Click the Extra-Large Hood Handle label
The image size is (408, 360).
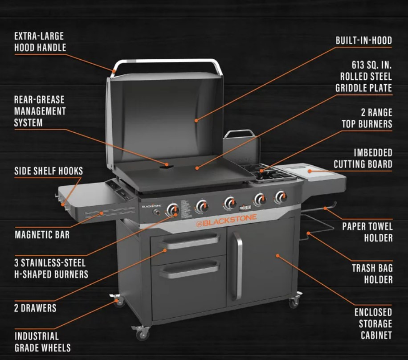pos(40,41)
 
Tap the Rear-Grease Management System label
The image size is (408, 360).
pos(40,110)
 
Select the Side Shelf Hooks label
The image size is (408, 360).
pos(49,171)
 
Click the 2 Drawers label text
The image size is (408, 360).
pos(36,308)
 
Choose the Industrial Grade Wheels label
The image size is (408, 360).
pos(42,342)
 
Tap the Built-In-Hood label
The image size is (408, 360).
pos(363,41)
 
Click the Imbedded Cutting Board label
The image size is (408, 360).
pos(363,159)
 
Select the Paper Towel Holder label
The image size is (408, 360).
pos(367,232)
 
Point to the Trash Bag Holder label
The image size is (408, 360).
pos(372,274)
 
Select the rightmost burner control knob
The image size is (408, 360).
pos(281,196)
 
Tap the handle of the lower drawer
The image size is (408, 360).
pos(189,269)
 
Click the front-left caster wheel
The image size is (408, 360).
pos(141,332)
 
